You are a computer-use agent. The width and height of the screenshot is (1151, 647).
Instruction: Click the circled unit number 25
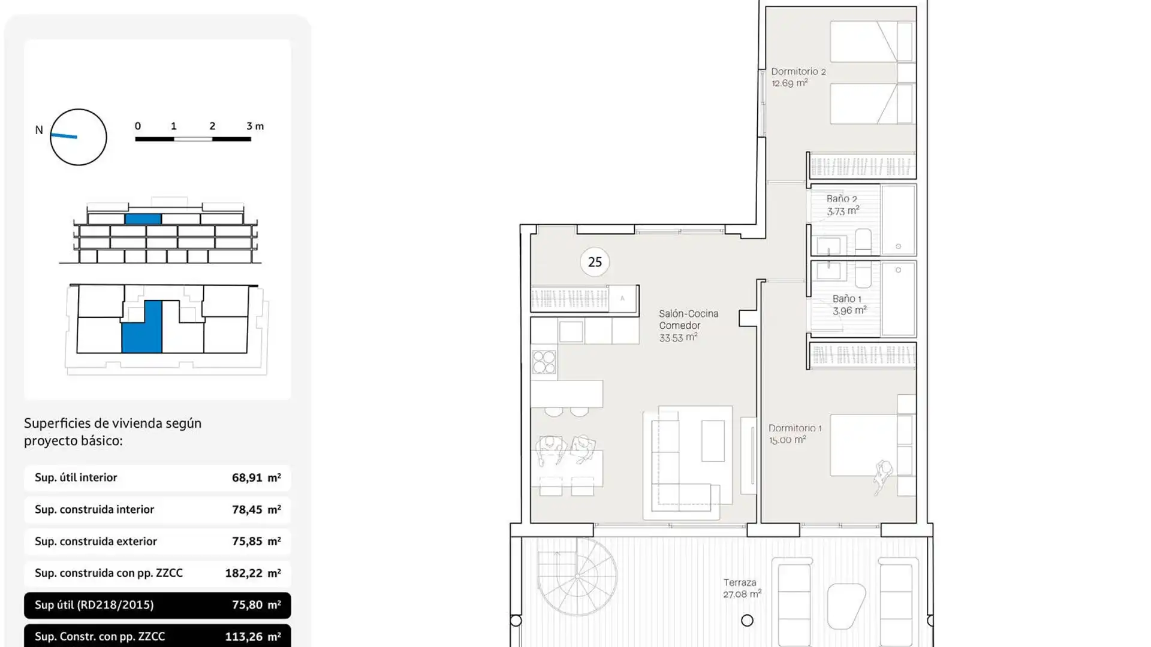point(595,262)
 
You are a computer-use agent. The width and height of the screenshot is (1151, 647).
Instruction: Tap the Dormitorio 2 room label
point(798,77)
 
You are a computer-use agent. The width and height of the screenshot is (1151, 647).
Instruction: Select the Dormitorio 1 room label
point(795,434)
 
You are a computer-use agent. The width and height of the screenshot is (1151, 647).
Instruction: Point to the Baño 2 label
point(842,205)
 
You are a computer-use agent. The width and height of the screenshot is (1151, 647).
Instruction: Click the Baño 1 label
point(849,304)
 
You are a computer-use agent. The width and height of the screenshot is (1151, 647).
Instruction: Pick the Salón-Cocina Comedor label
point(688,325)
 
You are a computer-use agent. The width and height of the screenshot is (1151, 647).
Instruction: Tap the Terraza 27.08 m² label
point(742,588)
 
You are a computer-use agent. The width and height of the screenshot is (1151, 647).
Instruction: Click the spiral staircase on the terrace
point(577,576)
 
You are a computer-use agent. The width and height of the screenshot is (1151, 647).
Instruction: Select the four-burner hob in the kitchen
point(544,362)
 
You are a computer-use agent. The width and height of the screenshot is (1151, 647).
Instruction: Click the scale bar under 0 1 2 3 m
point(192,139)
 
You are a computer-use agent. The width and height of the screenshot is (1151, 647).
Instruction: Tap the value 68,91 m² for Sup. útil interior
point(256,478)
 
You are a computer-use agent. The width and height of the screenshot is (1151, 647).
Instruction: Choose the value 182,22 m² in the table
point(252,573)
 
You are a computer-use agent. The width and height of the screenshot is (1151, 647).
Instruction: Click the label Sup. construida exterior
point(96,542)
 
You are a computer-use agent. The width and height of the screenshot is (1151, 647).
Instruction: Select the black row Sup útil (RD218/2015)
point(157,605)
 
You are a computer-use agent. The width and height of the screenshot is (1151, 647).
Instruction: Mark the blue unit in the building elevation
point(143,219)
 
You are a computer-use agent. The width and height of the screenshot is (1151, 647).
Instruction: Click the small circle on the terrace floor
point(747,621)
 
